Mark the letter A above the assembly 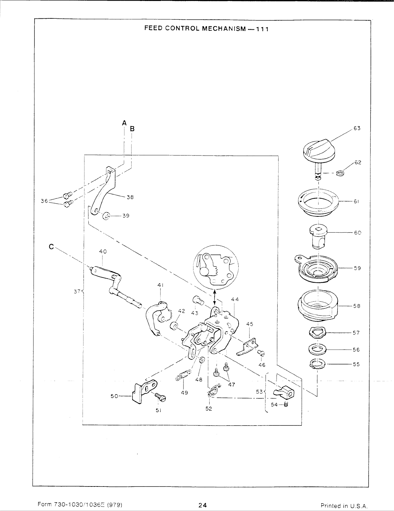(x=124, y=123)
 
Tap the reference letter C (x=51, y=246)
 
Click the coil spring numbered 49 (x=183, y=376)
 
